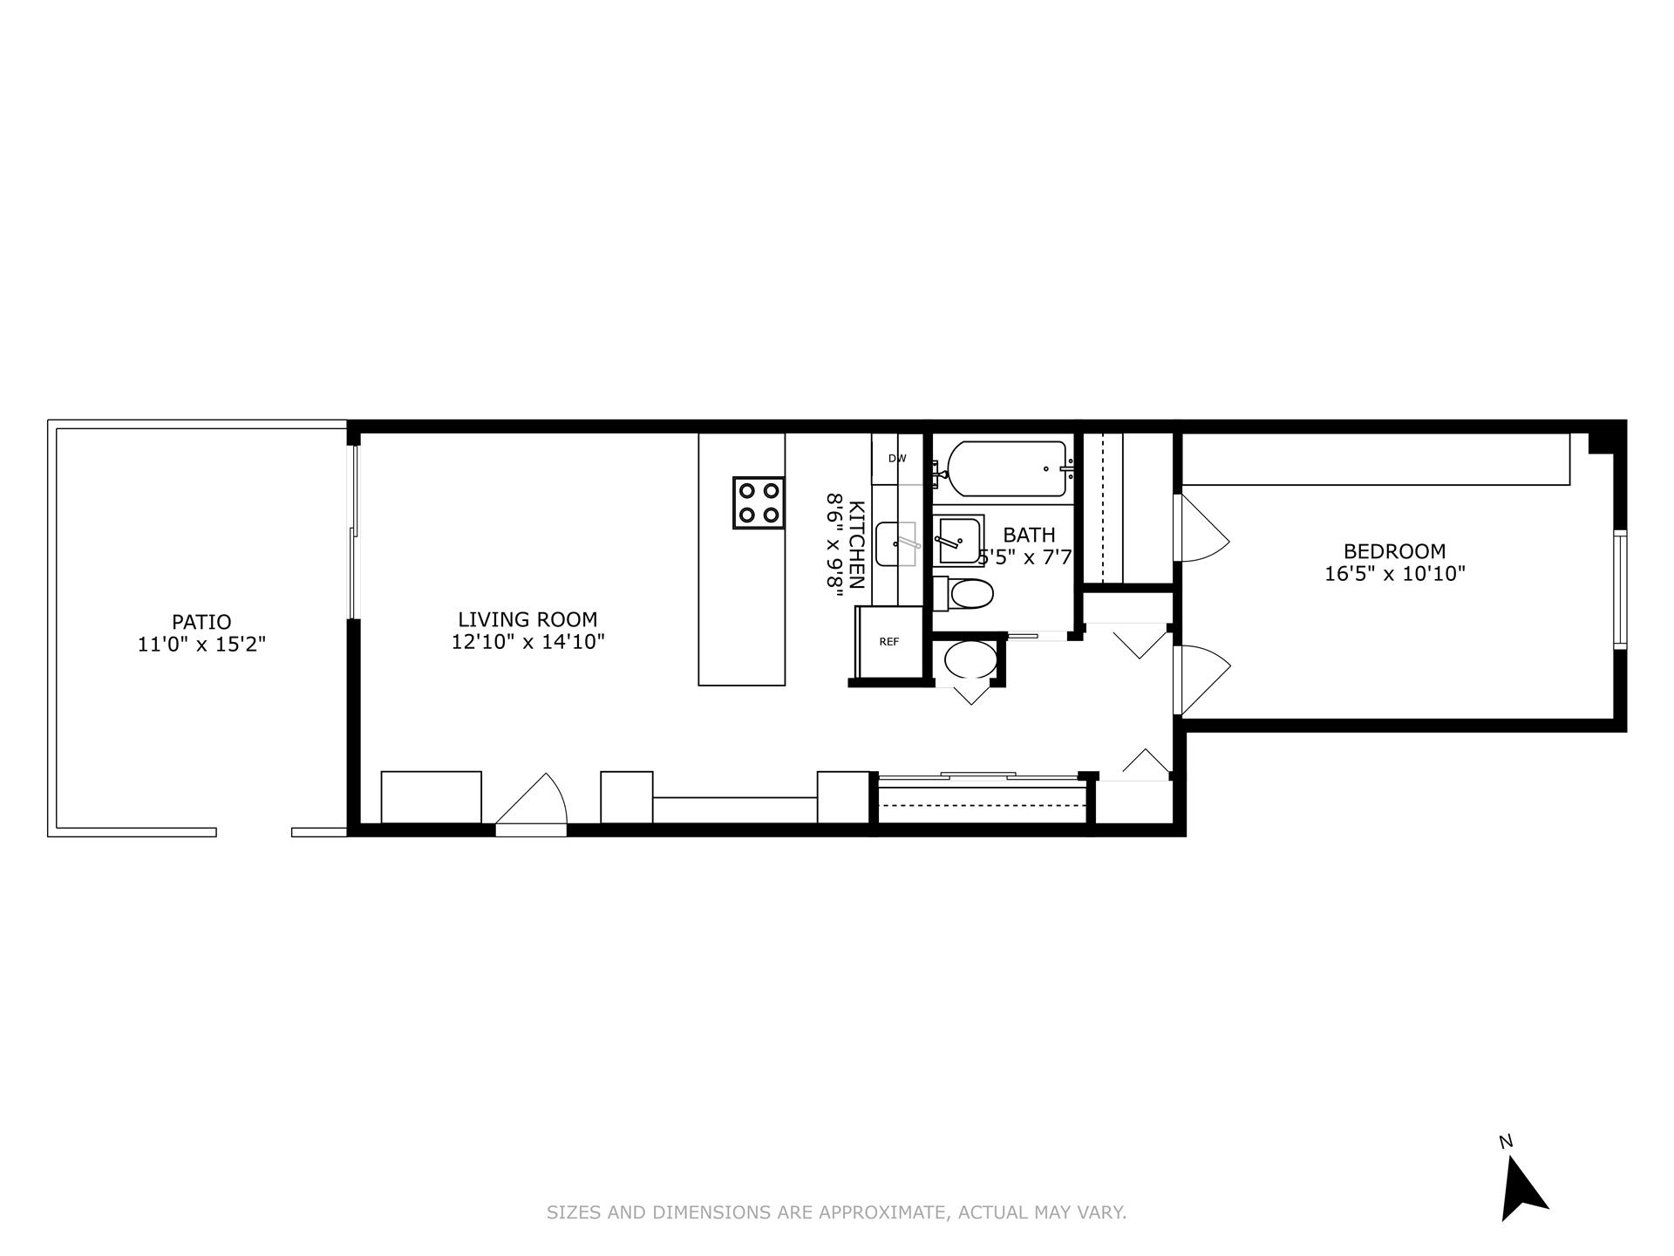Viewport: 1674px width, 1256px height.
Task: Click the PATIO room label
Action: point(201,622)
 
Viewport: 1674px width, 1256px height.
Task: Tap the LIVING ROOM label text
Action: point(527,619)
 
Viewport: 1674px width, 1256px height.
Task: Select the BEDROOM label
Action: point(1394,551)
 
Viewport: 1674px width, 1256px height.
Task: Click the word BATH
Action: point(1029,535)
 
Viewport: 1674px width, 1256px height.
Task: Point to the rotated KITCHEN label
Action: point(856,545)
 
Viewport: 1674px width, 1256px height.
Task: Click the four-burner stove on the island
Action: point(758,502)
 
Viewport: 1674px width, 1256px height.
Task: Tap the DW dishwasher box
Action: point(896,459)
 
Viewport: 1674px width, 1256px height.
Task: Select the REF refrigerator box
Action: point(889,642)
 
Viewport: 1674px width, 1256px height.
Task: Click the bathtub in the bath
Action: point(1006,469)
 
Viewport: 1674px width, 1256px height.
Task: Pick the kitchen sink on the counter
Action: point(895,544)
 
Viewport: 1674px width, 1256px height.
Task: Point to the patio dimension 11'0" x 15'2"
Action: point(201,645)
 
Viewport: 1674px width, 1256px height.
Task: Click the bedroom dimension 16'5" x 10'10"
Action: point(1394,574)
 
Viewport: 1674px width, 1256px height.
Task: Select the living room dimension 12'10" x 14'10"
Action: point(527,643)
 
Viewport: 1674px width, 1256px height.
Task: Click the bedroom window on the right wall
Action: point(1620,590)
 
